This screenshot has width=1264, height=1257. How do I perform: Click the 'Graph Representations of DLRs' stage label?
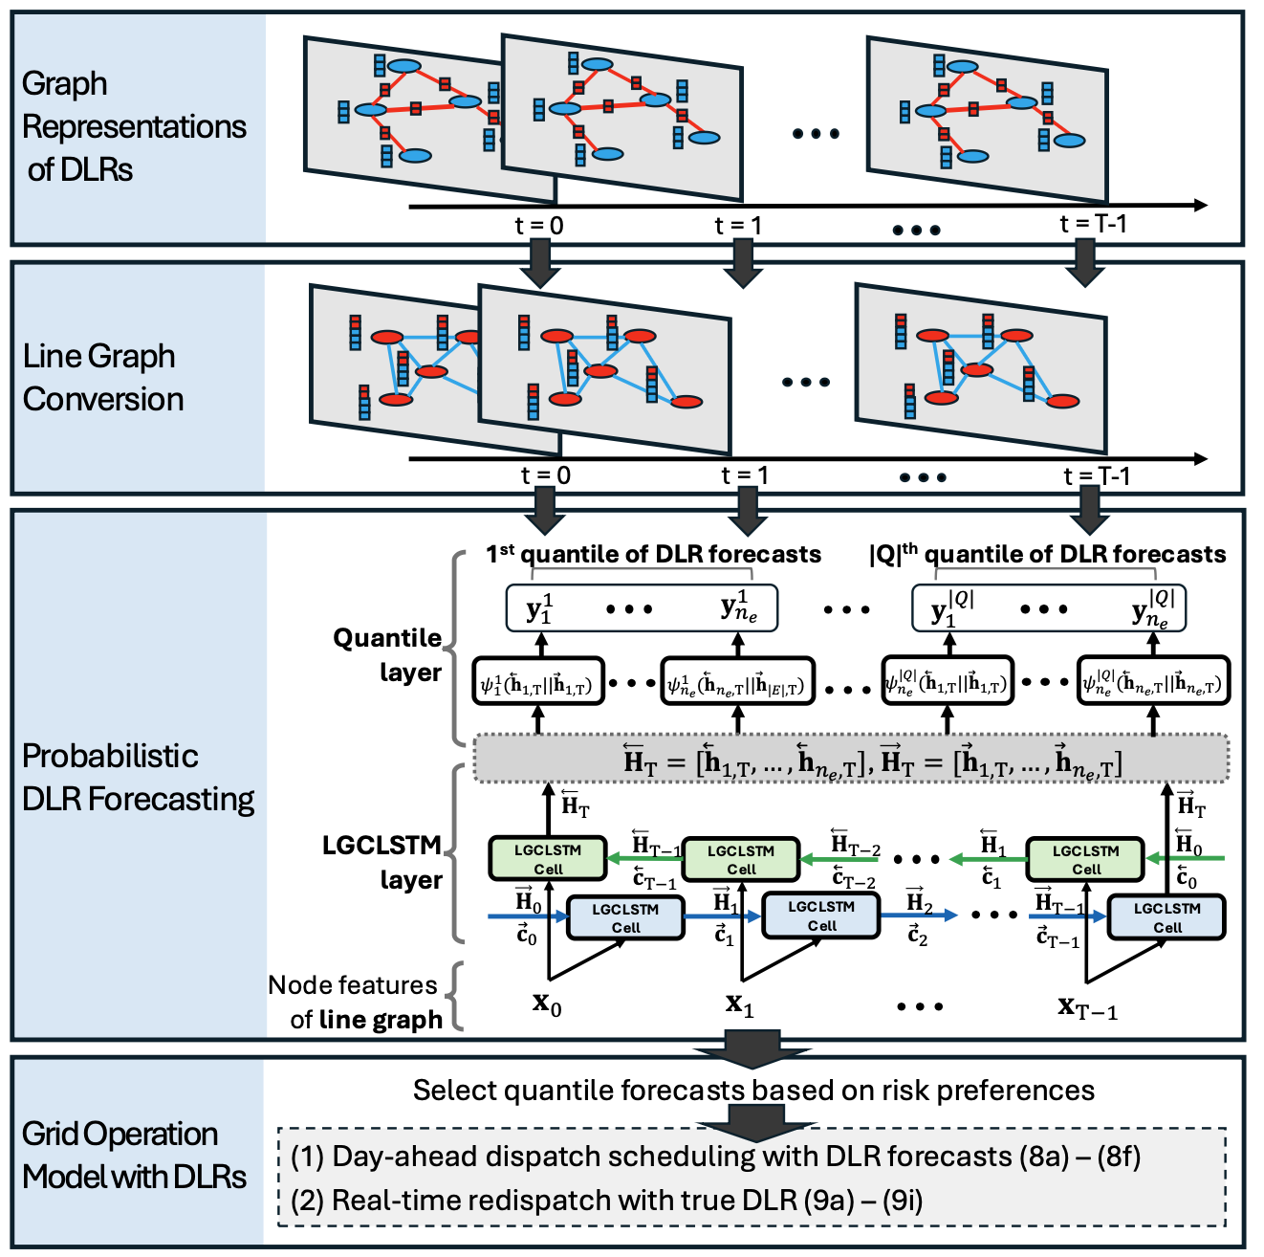pyautogui.click(x=134, y=126)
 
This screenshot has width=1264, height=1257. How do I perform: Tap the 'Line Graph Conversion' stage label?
pyautogui.click(x=103, y=377)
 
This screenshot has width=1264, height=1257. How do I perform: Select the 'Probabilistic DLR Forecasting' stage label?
pyautogui.click(x=138, y=777)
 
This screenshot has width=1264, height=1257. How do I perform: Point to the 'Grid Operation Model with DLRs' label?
pyautogui.click(x=134, y=1155)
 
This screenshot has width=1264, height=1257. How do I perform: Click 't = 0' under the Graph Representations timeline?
pyautogui.click(x=539, y=226)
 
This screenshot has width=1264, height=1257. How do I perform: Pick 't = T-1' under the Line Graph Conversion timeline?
pyautogui.click(x=1096, y=475)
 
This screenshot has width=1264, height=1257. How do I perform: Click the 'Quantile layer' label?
pyautogui.click(x=387, y=654)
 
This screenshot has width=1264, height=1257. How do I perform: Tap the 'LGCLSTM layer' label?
pyautogui.click(x=382, y=862)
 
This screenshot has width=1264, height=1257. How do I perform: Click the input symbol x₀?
pyautogui.click(x=547, y=1004)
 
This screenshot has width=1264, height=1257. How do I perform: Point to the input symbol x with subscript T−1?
pyautogui.click(x=1087, y=1006)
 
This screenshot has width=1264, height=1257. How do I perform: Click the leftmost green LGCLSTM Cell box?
pyautogui.click(x=548, y=858)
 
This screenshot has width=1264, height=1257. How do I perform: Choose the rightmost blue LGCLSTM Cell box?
pyautogui.click(x=1166, y=916)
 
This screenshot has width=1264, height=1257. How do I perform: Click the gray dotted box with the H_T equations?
pyautogui.click(x=851, y=760)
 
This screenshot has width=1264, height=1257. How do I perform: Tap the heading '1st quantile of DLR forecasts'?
pyautogui.click(x=653, y=554)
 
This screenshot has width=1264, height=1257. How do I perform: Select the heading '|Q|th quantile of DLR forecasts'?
pyautogui.click(x=1047, y=554)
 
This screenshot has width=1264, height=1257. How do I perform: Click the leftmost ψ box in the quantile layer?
pyautogui.click(x=538, y=682)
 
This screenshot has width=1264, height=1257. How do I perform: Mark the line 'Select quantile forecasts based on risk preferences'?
pyautogui.click(x=753, y=1091)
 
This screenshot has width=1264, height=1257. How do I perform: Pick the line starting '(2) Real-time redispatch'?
pyautogui.click(x=606, y=1201)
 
